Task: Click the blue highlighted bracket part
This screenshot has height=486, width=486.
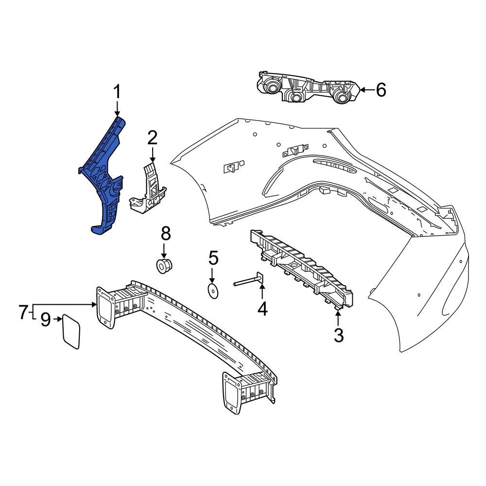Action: [104, 180]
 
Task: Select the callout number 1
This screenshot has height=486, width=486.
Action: [117, 92]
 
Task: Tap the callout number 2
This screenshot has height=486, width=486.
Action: [153, 139]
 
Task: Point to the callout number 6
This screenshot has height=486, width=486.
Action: [381, 90]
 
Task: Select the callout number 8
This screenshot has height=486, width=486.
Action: [166, 234]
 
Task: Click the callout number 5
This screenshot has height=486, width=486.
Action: [213, 257]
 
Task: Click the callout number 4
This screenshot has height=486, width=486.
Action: [262, 309]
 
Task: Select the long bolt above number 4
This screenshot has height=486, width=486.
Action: [248, 280]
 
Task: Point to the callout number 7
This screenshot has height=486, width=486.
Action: [24, 312]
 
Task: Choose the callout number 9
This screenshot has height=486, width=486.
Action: [45, 320]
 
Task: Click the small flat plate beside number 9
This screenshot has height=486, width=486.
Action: [71, 331]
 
